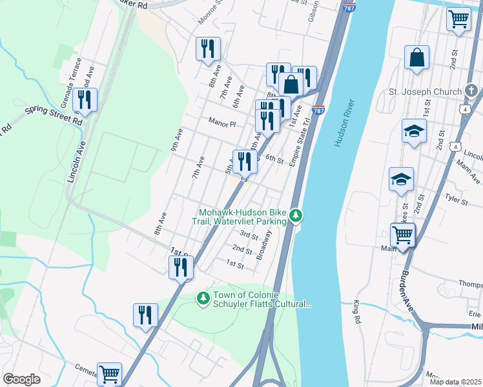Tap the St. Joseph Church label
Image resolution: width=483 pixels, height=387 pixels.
[425, 92]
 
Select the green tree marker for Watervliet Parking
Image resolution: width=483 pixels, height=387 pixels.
[296, 215]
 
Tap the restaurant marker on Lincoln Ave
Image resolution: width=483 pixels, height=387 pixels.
[85, 100]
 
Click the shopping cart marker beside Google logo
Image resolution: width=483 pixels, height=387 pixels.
[109, 374]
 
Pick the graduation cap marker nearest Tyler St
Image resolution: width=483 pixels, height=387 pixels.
[401, 180]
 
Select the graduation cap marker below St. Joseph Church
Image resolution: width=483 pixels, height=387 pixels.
[414, 132]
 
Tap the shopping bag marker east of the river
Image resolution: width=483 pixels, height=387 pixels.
[417, 57]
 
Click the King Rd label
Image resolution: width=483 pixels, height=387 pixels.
[356, 312]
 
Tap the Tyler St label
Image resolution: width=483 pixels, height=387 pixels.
[456, 199]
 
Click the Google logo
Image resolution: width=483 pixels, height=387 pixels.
[21, 379]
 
